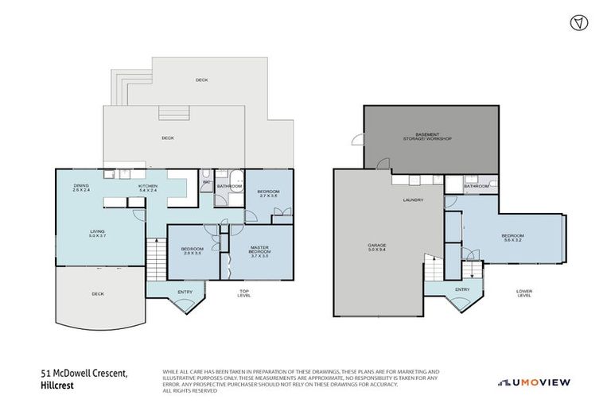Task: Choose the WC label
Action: pyautogui.click(x=206, y=182)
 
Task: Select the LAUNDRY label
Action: pyautogui.click(x=413, y=200)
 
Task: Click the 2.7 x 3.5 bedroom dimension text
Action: pyautogui.click(x=268, y=196)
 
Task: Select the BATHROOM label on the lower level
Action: pyautogui.click(x=477, y=187)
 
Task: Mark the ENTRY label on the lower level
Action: pyautogui.click(x=462, y=289)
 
